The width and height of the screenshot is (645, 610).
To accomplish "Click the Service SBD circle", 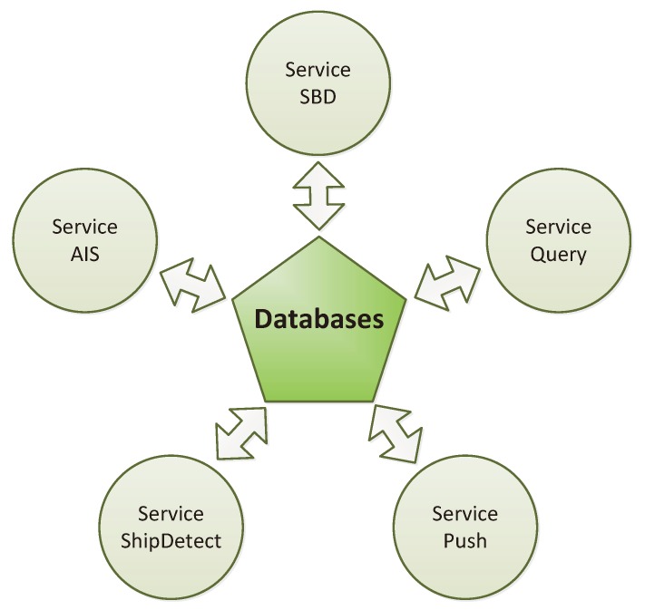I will [x=318, y=82].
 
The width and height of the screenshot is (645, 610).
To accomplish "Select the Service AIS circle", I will [x=84, y=240].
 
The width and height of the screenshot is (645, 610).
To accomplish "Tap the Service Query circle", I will [x=557, y=240].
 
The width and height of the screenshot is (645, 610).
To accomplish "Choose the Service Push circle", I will [x=464, y=528].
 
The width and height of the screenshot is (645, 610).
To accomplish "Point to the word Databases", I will [x=318, y=319].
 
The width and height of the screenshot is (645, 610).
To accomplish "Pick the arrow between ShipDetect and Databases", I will [x=240, y=431].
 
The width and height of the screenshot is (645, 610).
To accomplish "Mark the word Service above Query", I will [x=557, y=228].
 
